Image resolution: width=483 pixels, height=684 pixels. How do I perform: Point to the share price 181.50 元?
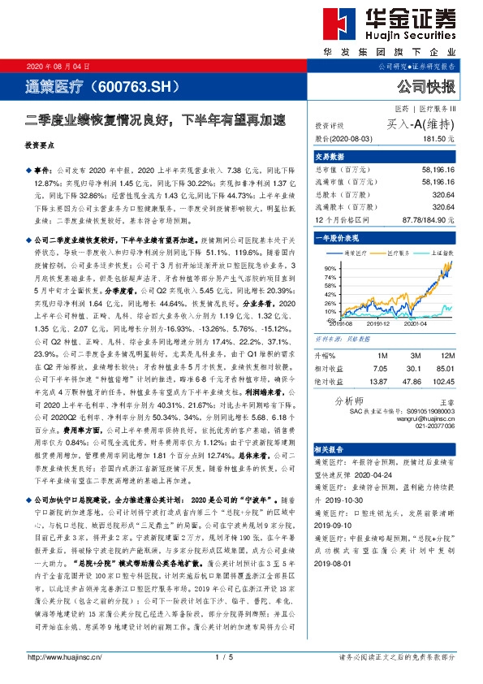click(x=438, y=140)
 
